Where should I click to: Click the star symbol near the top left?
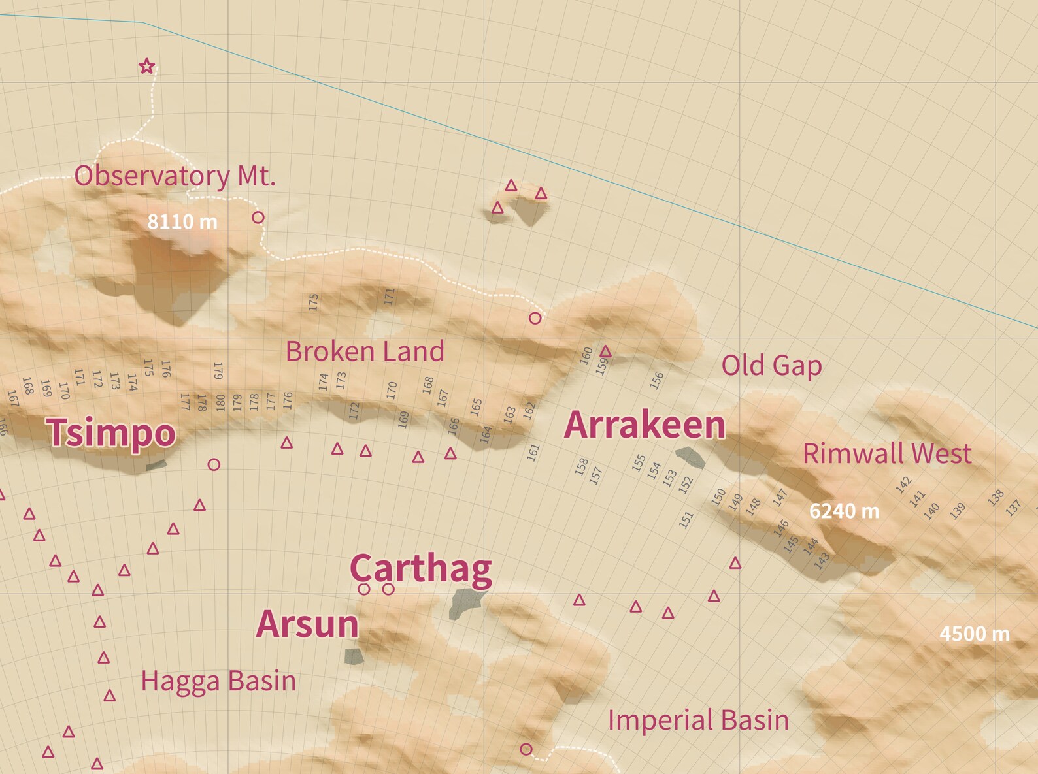tap(147, 66)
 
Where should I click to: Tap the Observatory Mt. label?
tap(175, 176)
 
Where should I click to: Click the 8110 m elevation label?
tap(182, 222)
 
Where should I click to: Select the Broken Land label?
tap(365, 351)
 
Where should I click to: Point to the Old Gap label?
tap(771, 365)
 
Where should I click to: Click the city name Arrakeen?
tap(645, 425)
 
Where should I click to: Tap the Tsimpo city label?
tap(111, 432)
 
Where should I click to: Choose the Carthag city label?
tap(420, 568)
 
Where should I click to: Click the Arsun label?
tap(307, 624)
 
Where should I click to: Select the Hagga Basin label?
tap(218, 681)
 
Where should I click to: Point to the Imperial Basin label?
tap(698, 720)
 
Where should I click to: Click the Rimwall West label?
tap(886, 453)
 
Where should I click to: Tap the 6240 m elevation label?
tap(844, 511)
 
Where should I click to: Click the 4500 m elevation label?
tap(974, 634)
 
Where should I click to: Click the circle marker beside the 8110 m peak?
tap(258, 217)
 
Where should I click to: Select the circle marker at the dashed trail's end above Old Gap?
tap(535, 318)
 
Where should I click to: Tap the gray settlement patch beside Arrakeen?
tap(690, 457)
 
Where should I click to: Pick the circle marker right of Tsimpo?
tap(214, 464)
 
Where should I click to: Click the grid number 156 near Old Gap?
tap(657, 380)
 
